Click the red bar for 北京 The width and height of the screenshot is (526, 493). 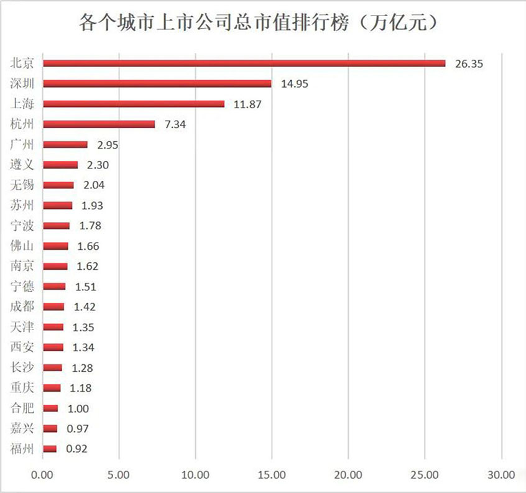point(244,63)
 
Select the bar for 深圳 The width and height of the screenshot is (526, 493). point(157,83)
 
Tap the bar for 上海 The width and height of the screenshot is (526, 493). point(134,104)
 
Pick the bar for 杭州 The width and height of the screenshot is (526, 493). point(99,124)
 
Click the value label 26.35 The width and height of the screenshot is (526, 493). point(469,63)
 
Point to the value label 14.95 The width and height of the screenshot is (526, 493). point(295,84)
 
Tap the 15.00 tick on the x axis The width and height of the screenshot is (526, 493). point(272,475)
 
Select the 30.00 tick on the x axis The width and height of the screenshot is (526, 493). point(501,475)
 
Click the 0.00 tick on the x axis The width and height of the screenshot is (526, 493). point(43,475)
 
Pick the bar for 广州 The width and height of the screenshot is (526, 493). point(65,144)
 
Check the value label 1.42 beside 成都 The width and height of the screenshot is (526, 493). point(85,307)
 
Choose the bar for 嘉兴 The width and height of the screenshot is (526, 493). point(50,428)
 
